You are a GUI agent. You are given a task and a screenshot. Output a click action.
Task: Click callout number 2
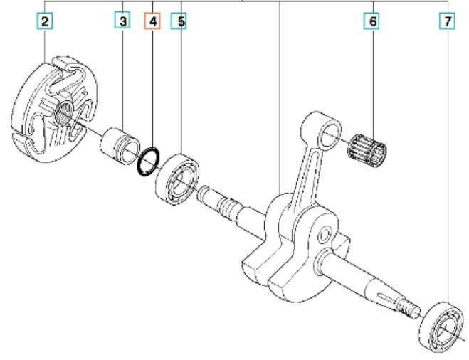(x=45, y=21)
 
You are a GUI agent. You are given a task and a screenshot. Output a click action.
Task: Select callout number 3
(x=122, y=21)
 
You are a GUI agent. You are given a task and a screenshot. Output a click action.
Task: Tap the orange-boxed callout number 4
(x=152, y=21)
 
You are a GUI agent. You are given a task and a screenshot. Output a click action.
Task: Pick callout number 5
(x=179, y=21)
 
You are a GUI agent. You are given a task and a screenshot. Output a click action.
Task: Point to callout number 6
(x=372, y=21)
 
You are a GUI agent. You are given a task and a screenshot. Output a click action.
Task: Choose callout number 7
(x=447, y=21)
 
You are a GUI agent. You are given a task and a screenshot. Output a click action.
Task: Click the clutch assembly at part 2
(x=54, y=110)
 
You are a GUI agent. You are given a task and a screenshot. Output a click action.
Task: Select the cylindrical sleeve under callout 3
(x=120, y=146)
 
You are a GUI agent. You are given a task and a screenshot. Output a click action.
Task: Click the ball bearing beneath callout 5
(x=177, y=179)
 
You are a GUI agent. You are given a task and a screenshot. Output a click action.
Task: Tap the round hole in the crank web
(x=324, y=235)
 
